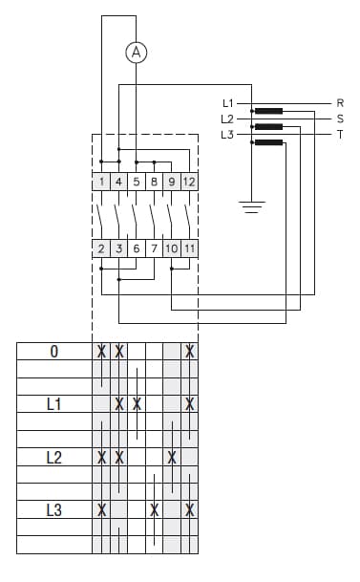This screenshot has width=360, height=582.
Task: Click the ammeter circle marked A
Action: pyautogui.click(x=136, y=54)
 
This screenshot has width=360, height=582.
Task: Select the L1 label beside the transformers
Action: pyautogui.click(x=227, y=102)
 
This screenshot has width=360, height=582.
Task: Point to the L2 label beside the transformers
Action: pyautogui.click(x=226, y=119)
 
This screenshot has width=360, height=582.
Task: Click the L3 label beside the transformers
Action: pyautogui.click(x=226, y=135)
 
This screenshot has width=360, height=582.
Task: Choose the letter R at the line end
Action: pyautogui.click(x=340, y=102)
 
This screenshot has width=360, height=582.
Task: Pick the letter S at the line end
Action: pyautogui.click(x=340, y=119)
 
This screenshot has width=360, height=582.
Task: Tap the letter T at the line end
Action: pyautogui.click(x=340, y=135)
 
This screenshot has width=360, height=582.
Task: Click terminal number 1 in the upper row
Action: pyautogui.click(x=101, y=182)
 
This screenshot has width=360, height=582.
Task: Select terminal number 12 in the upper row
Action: pyautogui.click(x=189, y=182)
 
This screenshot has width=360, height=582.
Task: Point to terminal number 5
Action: pyautogui.click(x=136, y=182)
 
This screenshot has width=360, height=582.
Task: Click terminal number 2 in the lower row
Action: pyautogui.click(x=101, y=248)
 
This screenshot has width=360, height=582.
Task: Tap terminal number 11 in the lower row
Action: pyautogui.click(x=189, y=248)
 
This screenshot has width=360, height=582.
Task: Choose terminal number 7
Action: pyautogui.click(x=153, y=248)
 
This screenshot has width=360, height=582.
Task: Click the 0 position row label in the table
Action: pyautogui.click(x=53, y=352)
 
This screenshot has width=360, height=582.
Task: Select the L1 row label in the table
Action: pyautogui.click(x=53, y=404)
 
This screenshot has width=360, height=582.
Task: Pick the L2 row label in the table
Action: pyautogui.click(x=53, y=458)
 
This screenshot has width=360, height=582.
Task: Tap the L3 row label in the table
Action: pyautogui.click(x=53, y=510)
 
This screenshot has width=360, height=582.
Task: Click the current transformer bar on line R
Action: pyautogui.click(x=269, y=111)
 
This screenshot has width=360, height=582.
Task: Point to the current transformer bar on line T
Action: pyautogui.click(x=269, y=143)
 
